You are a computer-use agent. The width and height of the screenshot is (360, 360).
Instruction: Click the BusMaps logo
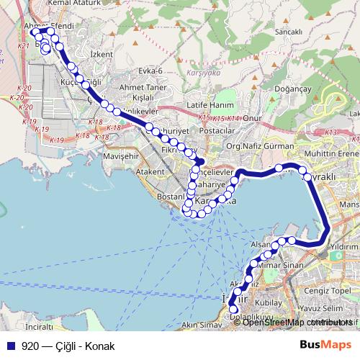pos(325,346)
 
